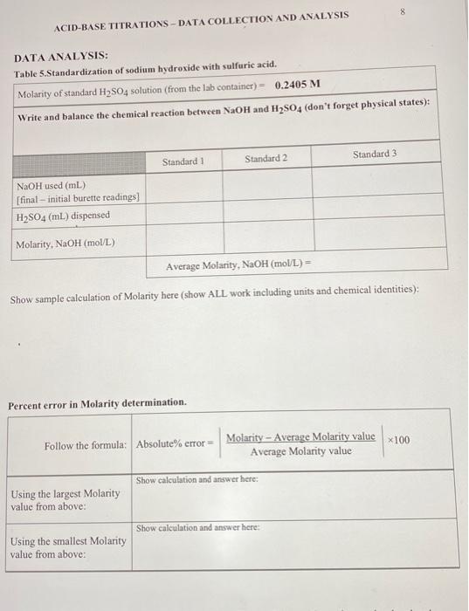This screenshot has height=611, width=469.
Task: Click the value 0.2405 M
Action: point(299,86)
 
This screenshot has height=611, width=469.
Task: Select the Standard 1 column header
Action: point(183,161)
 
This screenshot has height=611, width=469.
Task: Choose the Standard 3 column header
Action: point(375,154)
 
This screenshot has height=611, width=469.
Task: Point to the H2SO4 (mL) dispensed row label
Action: point(63,216)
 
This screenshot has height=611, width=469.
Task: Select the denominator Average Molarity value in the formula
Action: point(300,451)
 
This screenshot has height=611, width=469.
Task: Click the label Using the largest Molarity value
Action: point(66,499)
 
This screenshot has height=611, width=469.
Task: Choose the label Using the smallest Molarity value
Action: point(67,548)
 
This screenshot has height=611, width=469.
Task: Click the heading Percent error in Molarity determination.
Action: point(97,402)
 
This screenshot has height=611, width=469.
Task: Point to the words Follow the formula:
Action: point(86,445)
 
